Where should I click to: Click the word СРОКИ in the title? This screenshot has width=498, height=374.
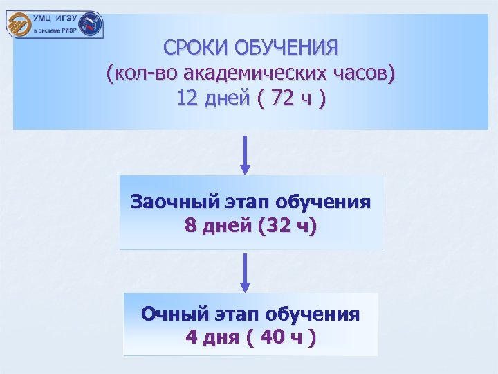click(196, 49)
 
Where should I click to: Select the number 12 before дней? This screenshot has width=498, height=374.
click(187, 99)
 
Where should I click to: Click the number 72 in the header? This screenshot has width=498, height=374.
click(284, 99)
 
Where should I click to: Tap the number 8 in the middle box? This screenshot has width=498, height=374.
click(190, 226)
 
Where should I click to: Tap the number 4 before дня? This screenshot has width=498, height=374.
click(192, 338)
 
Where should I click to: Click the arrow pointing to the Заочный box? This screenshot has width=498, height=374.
click(244, 155)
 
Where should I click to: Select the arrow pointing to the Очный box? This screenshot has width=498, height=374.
click(244, 271)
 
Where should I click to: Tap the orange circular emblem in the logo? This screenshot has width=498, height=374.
click(18, 26)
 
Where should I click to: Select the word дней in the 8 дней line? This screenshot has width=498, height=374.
click(225, 226)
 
